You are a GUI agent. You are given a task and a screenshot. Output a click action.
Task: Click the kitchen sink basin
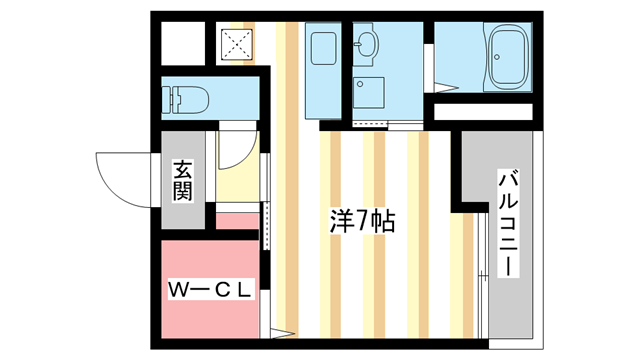321,47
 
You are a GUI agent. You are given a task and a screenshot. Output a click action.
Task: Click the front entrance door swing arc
120,176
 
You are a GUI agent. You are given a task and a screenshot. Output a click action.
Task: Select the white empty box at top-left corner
182,42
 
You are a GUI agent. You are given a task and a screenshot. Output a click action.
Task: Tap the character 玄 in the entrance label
182,169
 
